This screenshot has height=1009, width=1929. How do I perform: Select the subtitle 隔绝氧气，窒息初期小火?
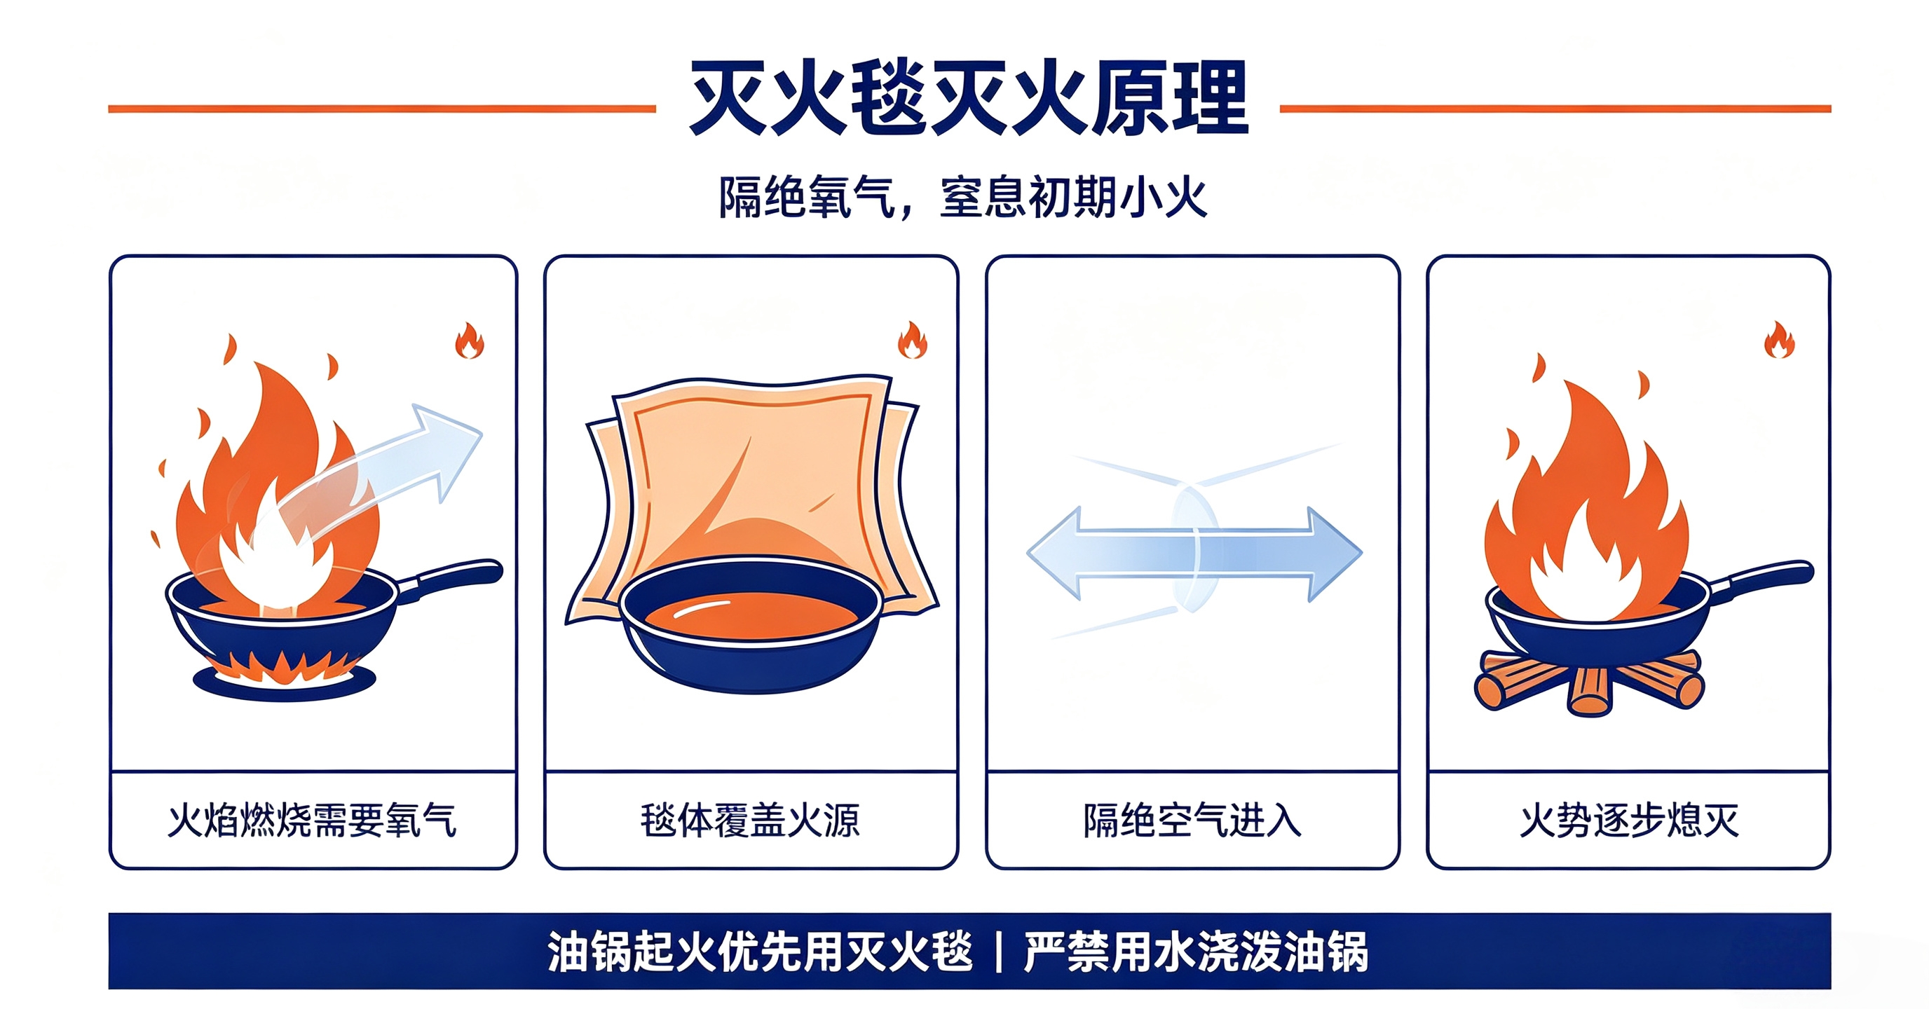point(962,197)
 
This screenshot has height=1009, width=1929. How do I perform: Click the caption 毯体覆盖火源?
point(750,820)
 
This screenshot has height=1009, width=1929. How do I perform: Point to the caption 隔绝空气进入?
point(1192,820)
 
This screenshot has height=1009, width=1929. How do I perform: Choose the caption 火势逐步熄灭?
point(1629,820)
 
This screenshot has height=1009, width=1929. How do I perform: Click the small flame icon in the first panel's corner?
point(470,341)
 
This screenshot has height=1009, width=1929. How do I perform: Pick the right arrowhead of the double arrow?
point(1335,554)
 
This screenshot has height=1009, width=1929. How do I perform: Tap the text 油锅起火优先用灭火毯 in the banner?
point(760,952)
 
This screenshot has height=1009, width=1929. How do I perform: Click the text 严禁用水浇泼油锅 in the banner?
point(1196,952)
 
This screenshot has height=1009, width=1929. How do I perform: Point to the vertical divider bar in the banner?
point(999,952)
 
